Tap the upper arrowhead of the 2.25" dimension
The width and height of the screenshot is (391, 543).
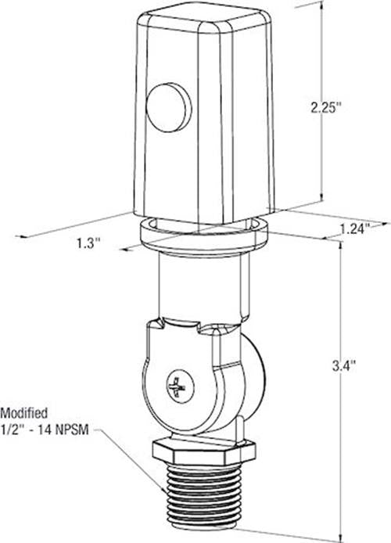coord(321,6)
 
